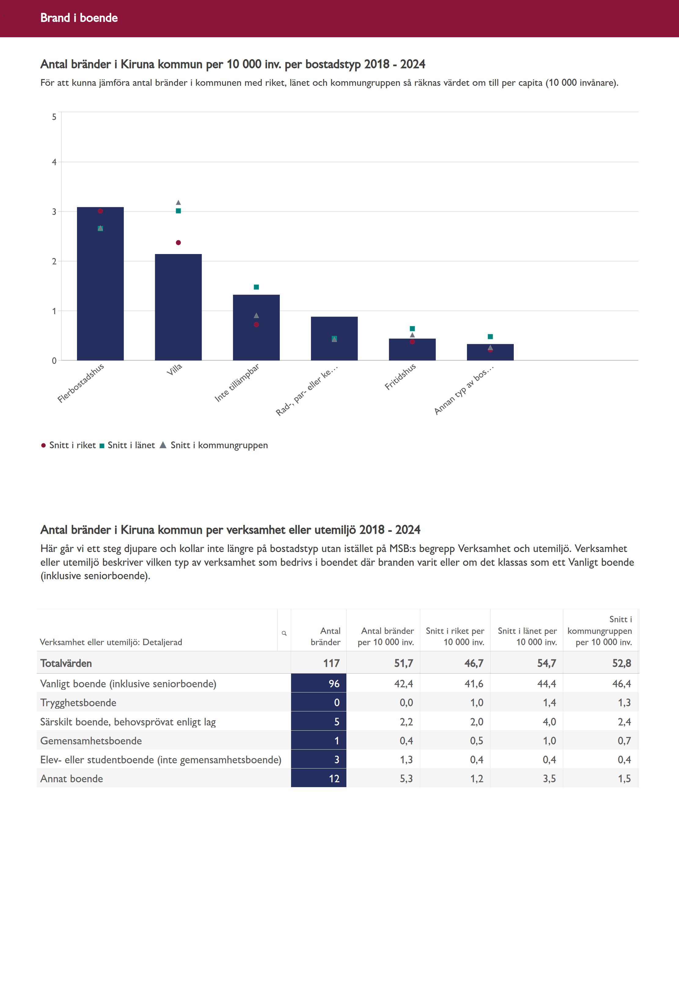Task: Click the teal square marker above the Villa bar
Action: [x=178, y=211]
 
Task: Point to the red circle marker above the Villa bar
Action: [x=178, y=243]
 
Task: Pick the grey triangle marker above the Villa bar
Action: [x=178, y=202]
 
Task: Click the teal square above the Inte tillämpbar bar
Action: [x=256, y=287]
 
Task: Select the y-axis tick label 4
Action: [x=54, y=162]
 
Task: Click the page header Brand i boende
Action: [x=79, y=18]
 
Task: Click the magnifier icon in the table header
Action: [x=284, y=633]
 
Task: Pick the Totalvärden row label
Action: [x=66, y=663]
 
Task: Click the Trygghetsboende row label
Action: [x=78, y=703]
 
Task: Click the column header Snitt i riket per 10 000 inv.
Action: [x=455, y=637]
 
